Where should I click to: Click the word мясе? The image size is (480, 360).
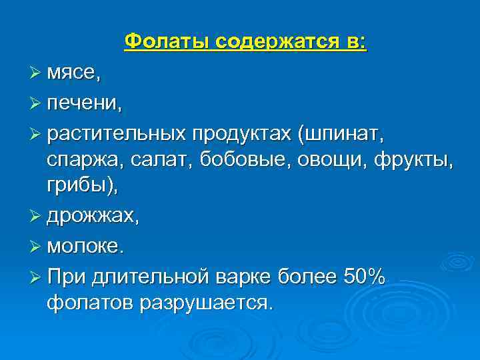pos(73,75)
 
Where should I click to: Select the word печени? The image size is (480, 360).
pos(83,103)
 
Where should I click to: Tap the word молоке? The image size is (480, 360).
pos(85,247)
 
